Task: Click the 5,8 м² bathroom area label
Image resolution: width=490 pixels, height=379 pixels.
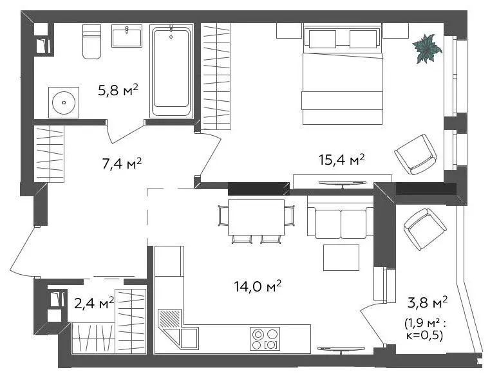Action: coord(118,90)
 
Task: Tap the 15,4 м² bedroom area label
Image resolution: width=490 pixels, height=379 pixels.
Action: coord(341,160)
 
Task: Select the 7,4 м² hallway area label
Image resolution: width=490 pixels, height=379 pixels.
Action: coord(122,163)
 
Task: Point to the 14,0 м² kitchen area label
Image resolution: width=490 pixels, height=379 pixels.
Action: coord(258,286)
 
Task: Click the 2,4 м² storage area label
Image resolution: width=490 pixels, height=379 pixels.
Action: coord(94,303)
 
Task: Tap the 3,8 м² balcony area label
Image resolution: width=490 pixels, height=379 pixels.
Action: coord(428,302)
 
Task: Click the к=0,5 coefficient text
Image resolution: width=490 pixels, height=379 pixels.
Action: coord(424,336)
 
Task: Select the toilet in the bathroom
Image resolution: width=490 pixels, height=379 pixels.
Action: coord(92,42)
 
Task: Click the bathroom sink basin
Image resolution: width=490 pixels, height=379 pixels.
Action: coord(127,35)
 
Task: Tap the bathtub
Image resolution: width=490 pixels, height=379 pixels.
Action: coord(171,71)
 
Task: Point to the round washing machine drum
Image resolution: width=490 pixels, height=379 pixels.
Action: coord(64,102)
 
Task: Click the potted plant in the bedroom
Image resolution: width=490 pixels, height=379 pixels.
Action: coord(427,49)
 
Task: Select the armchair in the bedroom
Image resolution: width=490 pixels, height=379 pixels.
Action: coord(415,154)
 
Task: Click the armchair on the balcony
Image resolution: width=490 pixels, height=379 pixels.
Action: coord(425,229)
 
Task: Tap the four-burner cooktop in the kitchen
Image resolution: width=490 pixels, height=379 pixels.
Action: coord(265,338)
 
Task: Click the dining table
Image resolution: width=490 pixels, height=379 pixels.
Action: coord(256,217)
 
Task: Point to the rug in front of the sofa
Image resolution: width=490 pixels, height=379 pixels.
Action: coord(341,257)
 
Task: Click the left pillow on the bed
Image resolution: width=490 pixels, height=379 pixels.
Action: coord(323,39)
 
